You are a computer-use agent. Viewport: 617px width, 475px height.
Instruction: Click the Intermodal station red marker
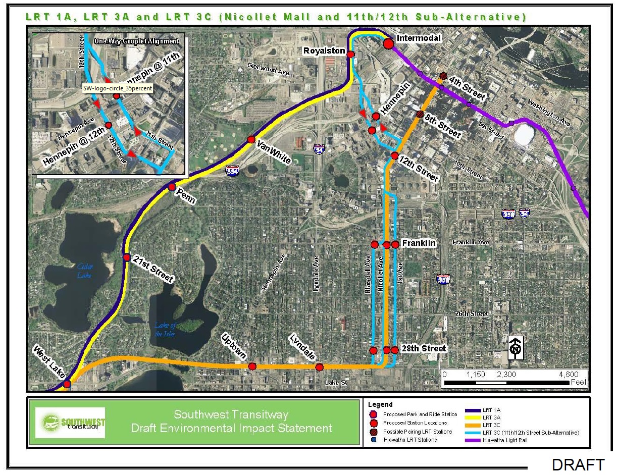pos(388,44)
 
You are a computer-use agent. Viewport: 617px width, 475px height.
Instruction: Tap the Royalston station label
pos(324,51)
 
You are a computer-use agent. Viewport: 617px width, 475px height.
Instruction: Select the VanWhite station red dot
pos(251,139)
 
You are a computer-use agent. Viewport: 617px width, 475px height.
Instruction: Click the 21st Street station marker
pos(126,257)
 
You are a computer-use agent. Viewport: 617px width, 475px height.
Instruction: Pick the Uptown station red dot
pos(252,366)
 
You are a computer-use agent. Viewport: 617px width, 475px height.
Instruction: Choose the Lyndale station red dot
pos(319,367)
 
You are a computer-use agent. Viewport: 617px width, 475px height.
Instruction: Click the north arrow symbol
pos(515,348)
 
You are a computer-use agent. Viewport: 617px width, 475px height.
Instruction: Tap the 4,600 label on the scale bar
pos(568,375)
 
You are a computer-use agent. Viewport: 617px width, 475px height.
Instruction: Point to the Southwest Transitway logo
pos(70,423)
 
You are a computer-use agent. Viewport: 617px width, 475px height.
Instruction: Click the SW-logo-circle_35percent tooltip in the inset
pos(117,88)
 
